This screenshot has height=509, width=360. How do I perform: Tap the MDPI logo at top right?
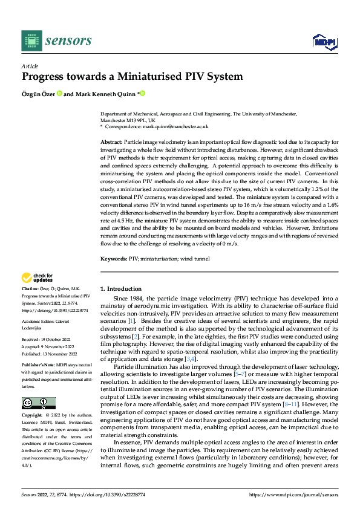324,41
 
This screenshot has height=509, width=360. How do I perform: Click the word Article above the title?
30,66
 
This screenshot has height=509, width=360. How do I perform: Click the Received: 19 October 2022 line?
48,339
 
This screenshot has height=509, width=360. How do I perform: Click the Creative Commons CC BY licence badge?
38,403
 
